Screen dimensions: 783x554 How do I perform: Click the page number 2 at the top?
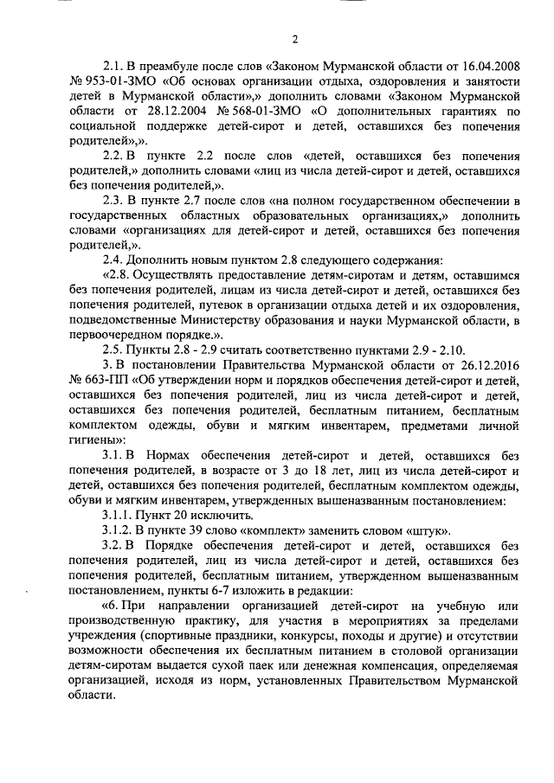tap(294, 40)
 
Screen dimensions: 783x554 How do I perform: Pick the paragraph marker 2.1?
tap(114, 65)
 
